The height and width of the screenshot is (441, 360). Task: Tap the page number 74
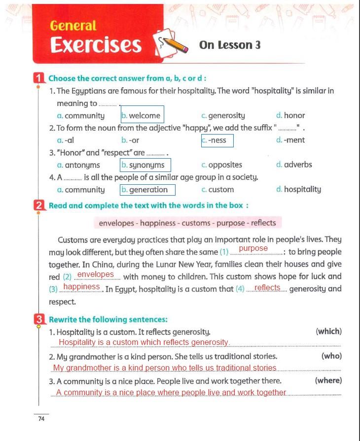pos(41,419)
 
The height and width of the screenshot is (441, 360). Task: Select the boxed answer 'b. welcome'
pos(142,115)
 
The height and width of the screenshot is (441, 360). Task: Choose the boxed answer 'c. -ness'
pos(217,140)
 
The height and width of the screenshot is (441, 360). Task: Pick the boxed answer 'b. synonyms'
pos(145,165)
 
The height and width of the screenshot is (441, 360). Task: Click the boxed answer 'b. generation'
pos(147,190)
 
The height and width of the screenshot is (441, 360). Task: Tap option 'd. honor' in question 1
pos(291,115)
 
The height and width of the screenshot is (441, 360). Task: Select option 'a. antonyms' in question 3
pos(78,165)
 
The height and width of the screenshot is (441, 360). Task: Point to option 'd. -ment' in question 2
pos(291,140)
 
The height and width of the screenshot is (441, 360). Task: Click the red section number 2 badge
pos(39,205)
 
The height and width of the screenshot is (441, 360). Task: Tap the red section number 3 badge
pos(39,319)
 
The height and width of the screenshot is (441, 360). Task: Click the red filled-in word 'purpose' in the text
pos(253,249)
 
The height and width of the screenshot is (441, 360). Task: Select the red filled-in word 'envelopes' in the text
pos(96,274)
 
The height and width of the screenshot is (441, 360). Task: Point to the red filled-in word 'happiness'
pos(82,287)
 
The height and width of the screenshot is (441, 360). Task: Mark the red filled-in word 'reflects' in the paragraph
pos(267,288)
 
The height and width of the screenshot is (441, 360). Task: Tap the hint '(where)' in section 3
pos(328,380)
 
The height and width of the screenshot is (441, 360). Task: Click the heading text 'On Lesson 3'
pos(230,45)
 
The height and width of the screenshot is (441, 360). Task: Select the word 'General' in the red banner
pos(73,26)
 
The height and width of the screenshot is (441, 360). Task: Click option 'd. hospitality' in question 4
pos(299,189)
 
